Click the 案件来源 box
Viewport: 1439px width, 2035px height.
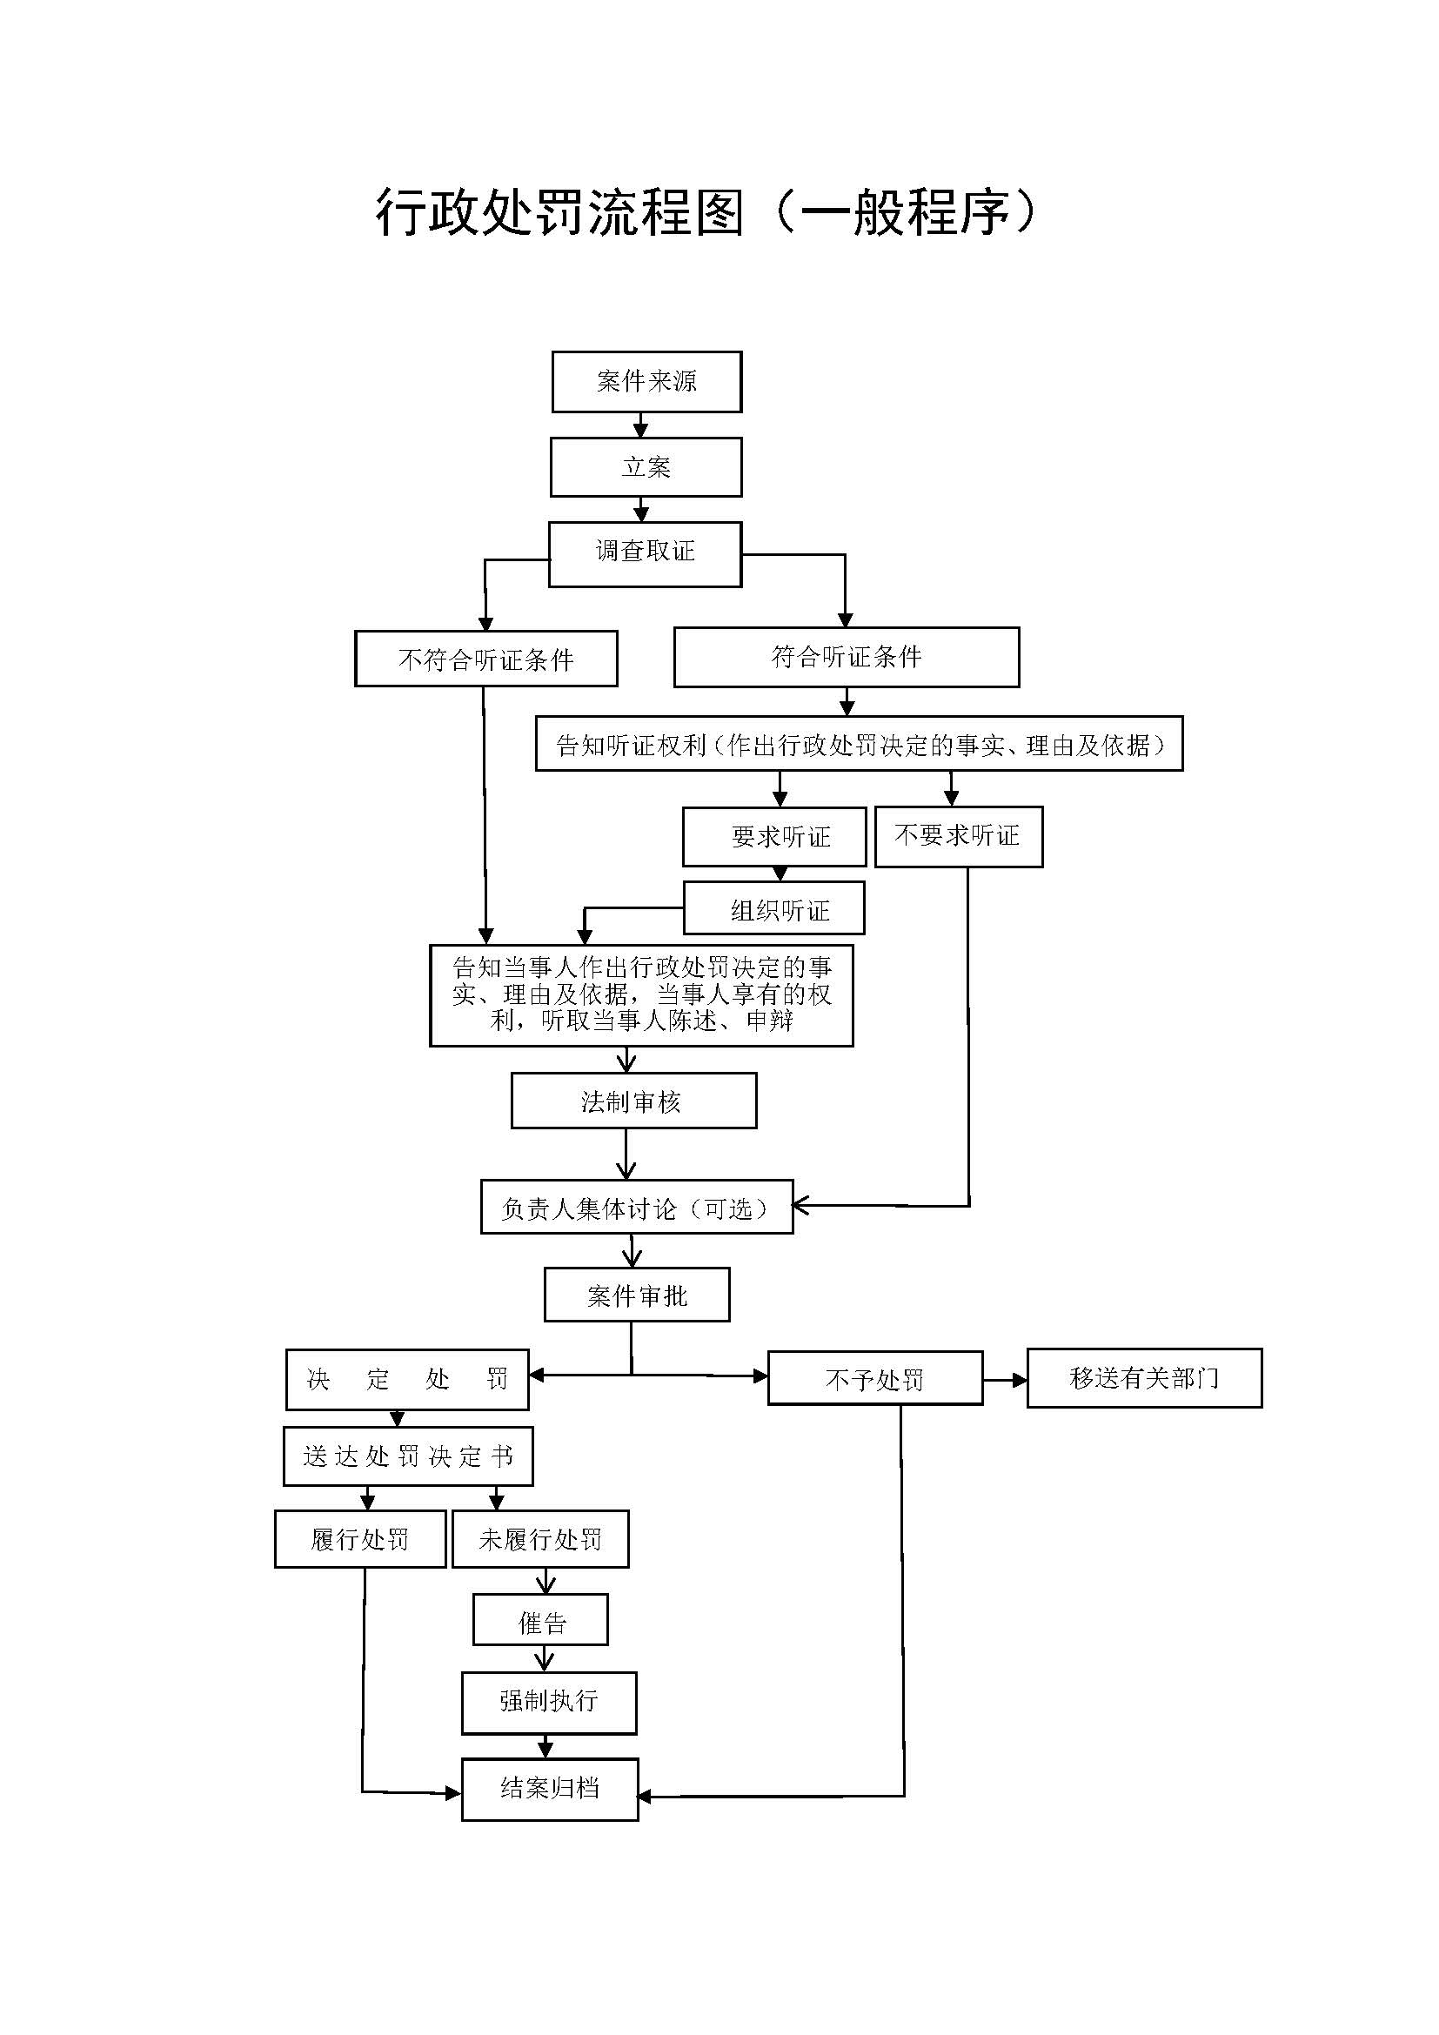646,382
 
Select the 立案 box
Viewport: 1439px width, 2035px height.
646,467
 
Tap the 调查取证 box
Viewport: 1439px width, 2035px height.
645,553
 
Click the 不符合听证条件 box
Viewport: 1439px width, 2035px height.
485,659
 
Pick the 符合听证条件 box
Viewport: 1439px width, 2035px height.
847,657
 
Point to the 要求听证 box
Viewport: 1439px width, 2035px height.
773,837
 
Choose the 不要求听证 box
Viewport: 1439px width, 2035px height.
958,836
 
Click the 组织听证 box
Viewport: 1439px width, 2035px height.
773,909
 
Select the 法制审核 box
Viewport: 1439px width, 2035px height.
633,1101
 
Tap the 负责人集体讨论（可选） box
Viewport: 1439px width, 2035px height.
636,1208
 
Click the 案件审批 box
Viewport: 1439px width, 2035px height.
636,1295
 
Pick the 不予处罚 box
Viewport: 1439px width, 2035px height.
874,1379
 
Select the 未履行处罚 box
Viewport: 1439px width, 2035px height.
540,1540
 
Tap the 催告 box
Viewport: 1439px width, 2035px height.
540,1620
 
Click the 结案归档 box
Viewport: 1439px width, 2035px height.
549,1789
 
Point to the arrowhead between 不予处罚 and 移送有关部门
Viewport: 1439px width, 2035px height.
1019,1380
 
